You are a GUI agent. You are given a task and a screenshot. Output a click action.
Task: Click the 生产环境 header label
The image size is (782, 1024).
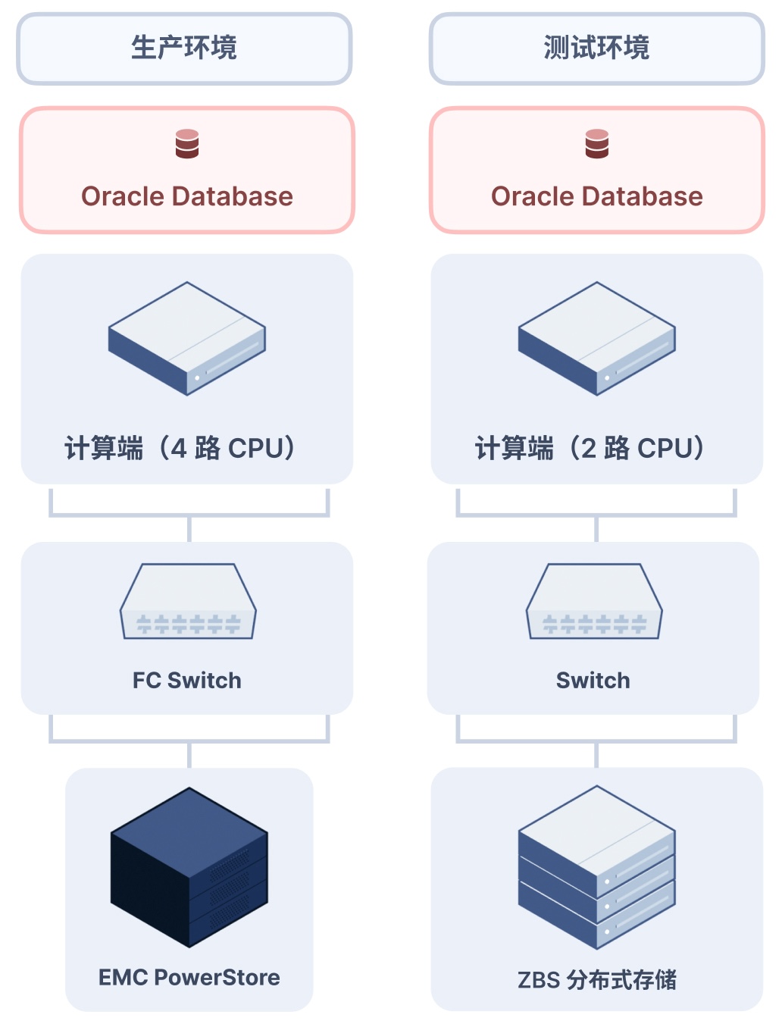pos(184,48)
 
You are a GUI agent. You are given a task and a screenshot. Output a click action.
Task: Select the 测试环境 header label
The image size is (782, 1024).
pos(596,48)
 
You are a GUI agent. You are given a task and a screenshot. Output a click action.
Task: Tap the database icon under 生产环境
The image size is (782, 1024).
pos(187,144)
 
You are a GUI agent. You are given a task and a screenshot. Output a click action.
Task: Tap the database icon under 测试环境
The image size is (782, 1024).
pos(597,144)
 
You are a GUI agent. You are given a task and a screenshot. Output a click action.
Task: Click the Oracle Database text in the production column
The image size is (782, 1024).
pos(187,196)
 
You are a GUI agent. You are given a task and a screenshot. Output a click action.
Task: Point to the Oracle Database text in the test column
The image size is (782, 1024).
pos(597,196)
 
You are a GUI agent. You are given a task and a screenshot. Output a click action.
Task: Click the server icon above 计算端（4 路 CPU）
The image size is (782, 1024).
pos(187,338)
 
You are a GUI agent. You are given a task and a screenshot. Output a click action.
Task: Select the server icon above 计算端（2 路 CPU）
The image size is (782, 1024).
pos(597,338)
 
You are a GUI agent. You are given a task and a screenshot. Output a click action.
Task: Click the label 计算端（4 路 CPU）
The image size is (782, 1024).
pos(180,448)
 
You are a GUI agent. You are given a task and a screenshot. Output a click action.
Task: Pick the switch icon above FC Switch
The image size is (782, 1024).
pos(188,602)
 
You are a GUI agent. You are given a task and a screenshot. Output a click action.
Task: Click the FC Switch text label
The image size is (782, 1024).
pos(187,681)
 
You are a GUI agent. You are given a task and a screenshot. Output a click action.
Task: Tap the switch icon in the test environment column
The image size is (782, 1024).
pos(594,602)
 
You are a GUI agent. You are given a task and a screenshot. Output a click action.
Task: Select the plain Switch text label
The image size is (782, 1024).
pos(593,681)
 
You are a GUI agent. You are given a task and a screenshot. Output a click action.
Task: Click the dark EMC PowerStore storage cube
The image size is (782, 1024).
pos(189,867)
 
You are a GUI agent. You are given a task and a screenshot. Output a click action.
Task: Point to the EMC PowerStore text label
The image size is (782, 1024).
pos(189,978)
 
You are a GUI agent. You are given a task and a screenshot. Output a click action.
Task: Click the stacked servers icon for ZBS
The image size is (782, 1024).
pos(597,867)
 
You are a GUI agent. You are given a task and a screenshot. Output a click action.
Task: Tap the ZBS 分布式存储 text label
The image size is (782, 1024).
pos(597,980)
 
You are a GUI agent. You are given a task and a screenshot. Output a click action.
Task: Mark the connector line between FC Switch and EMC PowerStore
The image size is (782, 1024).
pos(189,754)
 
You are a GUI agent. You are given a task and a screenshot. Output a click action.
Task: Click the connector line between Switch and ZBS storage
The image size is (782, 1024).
pos(597,754)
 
